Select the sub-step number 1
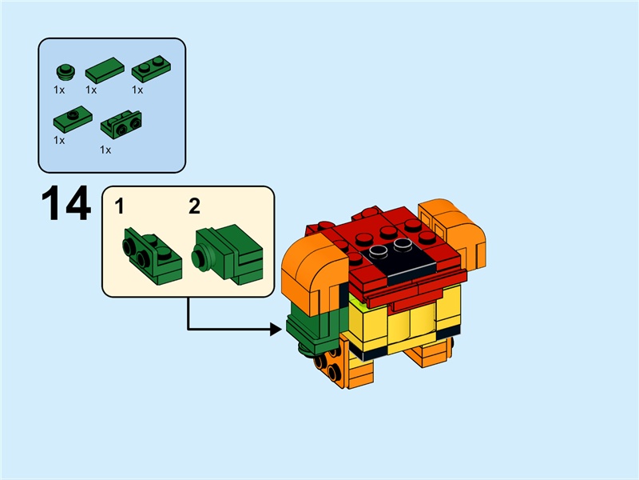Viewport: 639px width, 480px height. pos(120,207)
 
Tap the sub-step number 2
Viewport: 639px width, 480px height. pos(194,207)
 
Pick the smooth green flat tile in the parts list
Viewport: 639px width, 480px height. pos(104,70)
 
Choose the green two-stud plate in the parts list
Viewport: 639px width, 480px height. pos(149,70)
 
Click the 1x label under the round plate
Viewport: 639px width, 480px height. pos(59,90)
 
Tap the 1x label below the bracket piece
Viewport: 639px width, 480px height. pos(105,150)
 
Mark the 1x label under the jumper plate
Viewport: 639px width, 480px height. pos(59,140)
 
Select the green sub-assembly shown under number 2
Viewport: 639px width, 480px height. pos(228,254)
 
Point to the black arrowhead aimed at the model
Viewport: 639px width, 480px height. pos(278,327)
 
